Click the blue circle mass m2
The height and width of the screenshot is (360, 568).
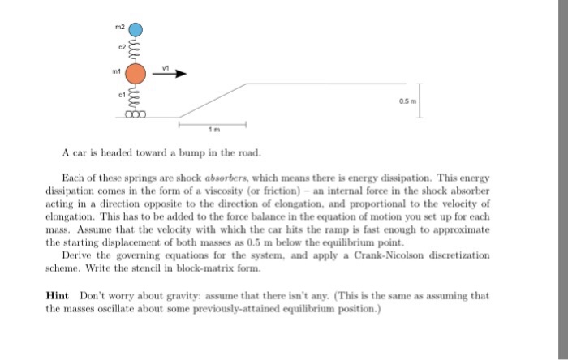[x=136, y=32]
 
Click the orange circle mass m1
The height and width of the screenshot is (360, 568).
[x=136, y=75]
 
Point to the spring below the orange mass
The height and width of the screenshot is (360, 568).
[x=136, y=100]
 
